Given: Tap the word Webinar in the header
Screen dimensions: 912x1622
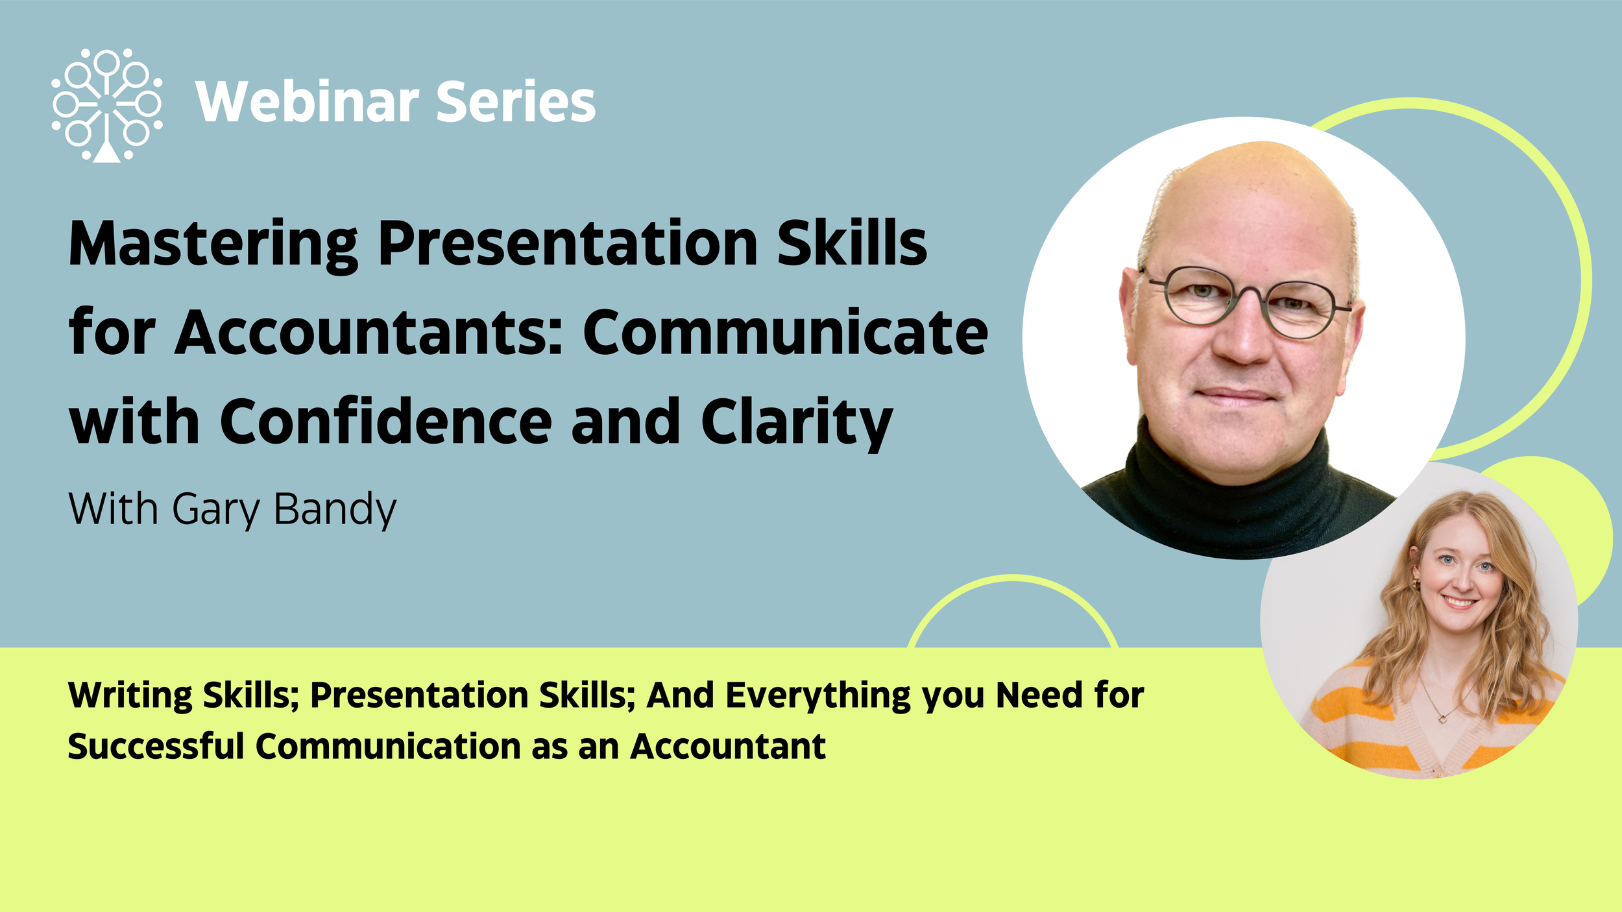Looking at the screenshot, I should point(308,102).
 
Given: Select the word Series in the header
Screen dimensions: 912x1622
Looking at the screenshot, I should point(516,102).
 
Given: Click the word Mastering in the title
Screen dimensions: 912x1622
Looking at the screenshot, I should point(213,245).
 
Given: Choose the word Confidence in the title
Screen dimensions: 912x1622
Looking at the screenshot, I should point(386,422).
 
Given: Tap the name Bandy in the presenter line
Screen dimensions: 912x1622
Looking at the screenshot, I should point(335,510).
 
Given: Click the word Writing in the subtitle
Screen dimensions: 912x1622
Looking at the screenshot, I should point(129,696).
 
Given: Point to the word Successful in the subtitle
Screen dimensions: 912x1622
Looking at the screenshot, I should point(156,747).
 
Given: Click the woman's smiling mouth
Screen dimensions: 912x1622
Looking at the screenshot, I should point(1459,603).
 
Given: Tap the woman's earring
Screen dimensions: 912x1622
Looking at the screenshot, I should point(1416,585).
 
